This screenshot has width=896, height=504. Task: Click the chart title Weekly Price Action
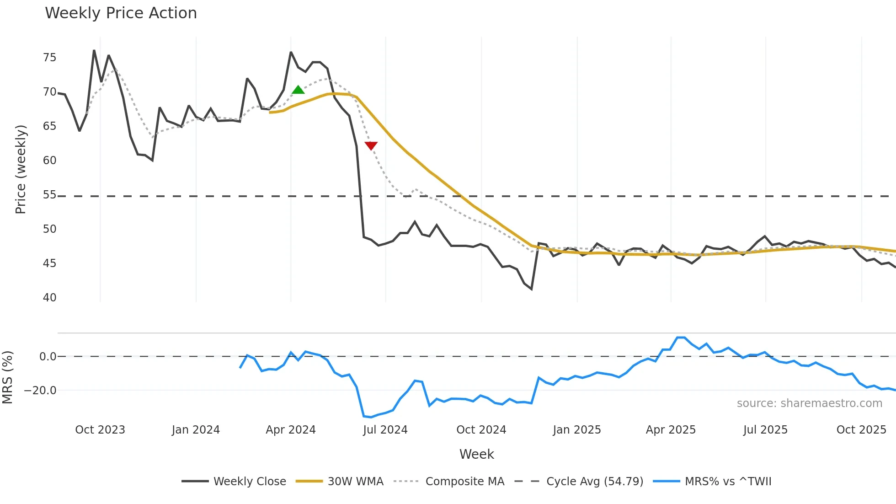[x=121, y=13]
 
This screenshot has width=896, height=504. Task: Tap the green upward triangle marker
[x=298, y=90]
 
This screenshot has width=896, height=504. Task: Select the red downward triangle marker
[x=371, y=145]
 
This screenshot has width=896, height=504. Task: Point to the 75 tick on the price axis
[x=49, y=58]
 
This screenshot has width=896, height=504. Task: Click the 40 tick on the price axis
[x=49, y=298]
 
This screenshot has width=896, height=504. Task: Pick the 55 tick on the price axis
[x=49, y=195]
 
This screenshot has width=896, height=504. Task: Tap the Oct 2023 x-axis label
[x=100, y=430]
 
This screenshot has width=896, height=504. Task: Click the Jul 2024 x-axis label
[x=385, y=430]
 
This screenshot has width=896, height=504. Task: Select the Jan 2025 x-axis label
[x=577, y=430]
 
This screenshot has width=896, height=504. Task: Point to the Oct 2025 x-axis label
[x=861, y=430]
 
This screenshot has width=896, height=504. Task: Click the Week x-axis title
[x=476, y=454]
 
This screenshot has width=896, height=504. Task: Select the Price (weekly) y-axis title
[x=21, y=169]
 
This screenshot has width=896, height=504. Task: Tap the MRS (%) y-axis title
[x=7, y=377]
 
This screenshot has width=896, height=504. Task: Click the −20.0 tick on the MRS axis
[x=40, y=391]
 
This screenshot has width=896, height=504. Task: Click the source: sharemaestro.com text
[x=809, y=403]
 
